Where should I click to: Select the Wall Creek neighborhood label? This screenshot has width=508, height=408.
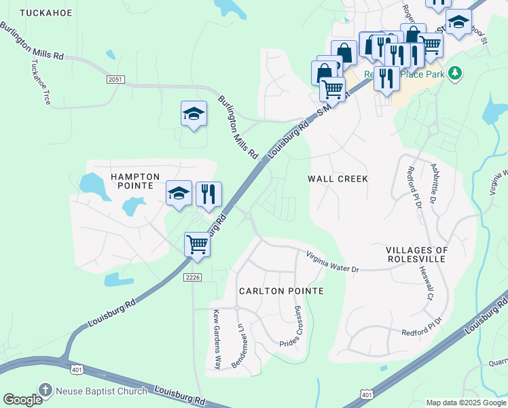[338, 179]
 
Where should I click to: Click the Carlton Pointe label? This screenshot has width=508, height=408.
[281, 291]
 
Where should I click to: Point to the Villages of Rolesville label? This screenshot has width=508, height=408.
[418, 255]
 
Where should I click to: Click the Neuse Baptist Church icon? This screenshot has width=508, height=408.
[46, 390]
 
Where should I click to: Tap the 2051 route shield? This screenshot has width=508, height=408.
[115, 80]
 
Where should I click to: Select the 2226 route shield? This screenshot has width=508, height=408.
[193, 277]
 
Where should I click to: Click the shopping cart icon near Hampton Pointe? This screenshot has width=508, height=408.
[197, 243]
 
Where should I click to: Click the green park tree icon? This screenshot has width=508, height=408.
[456, 72]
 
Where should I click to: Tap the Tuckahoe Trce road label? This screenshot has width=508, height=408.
[41, 82]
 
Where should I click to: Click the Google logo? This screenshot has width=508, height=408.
[23, 400]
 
